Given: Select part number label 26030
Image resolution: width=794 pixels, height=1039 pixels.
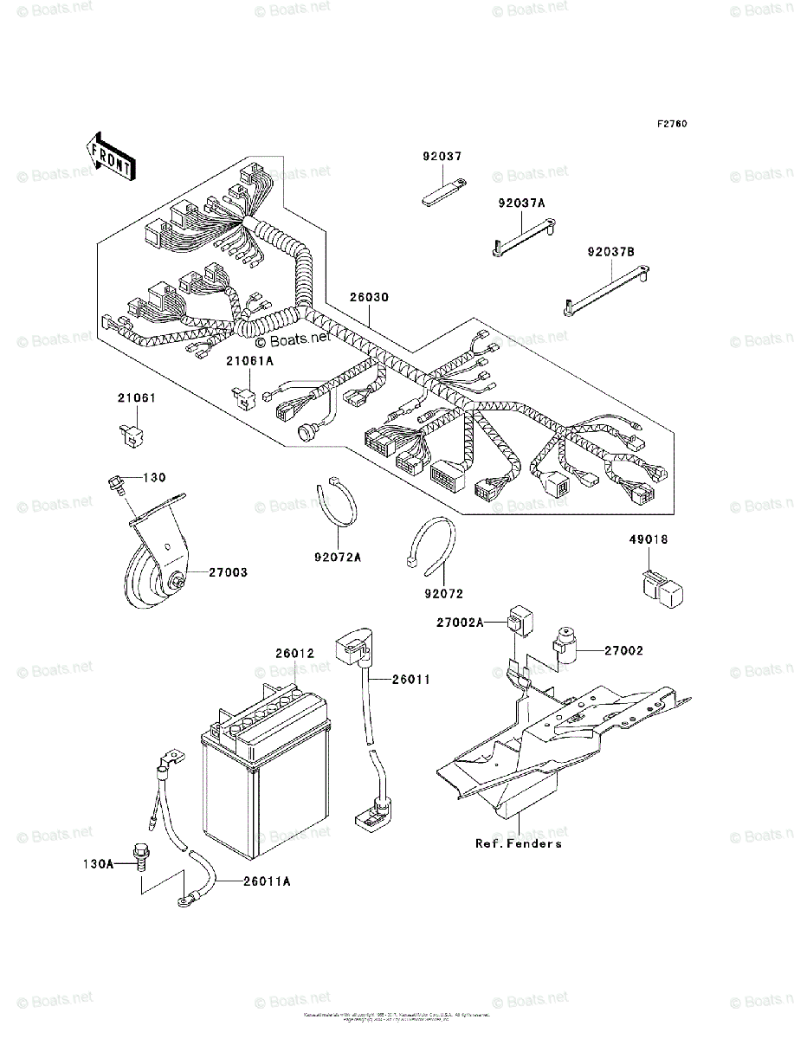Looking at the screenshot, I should pos(369,297).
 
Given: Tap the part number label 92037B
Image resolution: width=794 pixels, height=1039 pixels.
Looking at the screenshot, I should pos(610,252).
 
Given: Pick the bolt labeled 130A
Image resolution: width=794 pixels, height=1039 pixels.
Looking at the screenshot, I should pos(140,855).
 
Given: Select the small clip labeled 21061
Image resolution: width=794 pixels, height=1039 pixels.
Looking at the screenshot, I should pos(130,432).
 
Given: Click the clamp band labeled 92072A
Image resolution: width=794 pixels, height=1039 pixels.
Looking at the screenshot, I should pos(339,504).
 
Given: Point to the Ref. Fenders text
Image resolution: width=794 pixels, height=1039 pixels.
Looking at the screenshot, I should pos(518,843).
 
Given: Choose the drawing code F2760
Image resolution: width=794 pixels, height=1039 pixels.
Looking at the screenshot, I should pos(671,124).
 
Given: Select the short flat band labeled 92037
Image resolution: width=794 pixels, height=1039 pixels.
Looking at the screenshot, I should pos(443,191).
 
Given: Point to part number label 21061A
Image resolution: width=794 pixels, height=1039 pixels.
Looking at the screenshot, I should pos(250,359).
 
